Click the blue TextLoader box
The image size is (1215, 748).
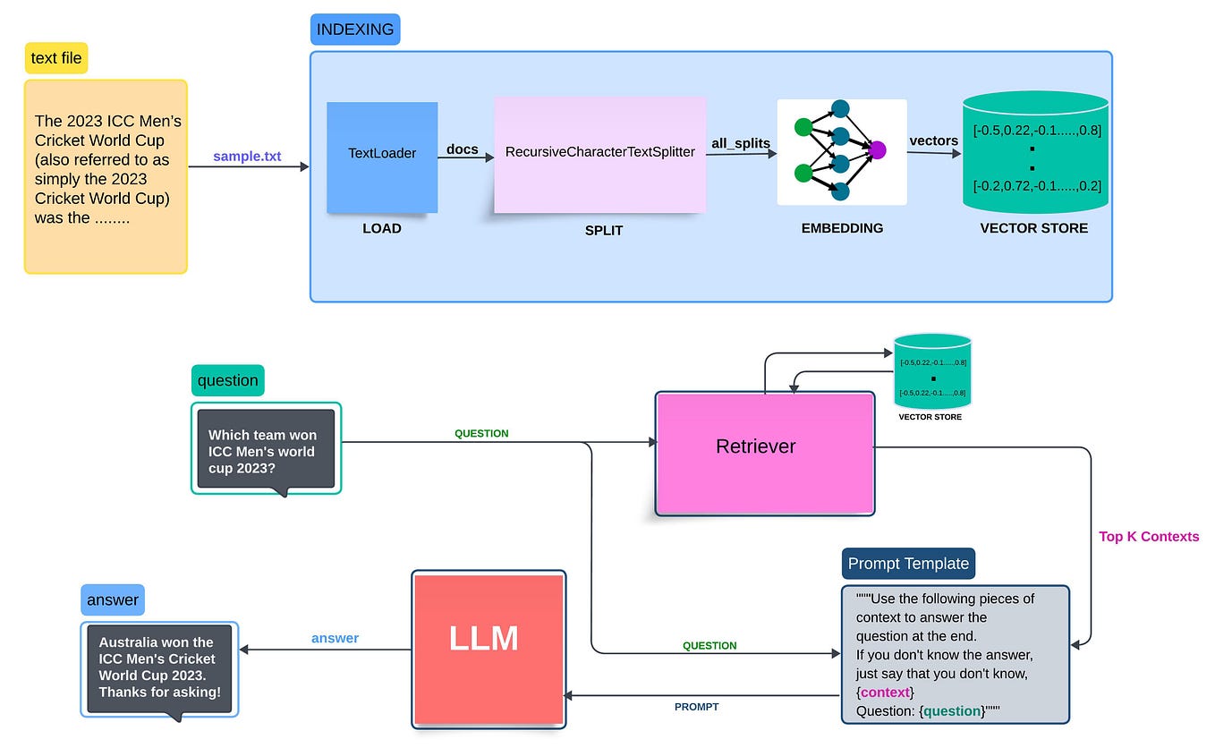pos(382,157)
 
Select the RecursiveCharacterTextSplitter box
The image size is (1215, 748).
pos(599,155)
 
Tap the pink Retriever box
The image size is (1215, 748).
pos(765,453)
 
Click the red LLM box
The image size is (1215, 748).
pos(489,648)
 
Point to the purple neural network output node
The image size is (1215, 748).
pos(876,149)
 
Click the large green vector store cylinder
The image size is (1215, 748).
pos(1034,153)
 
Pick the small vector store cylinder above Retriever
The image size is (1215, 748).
pos(932,372)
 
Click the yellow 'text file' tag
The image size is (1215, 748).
pos(56,59)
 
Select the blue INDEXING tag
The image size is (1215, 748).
pos(355,30)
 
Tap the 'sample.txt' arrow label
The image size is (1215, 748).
pos(247,157)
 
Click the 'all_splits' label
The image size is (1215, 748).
pos(741,143)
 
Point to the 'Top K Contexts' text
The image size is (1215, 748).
pos(1148,537)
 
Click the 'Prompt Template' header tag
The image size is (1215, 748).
pos(908,564)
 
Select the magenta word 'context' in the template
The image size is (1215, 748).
pos(885,693)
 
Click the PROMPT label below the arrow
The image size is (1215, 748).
pos(696,707)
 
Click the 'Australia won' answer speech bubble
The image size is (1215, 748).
pos(159,667)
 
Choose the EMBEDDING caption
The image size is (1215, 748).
pos(842,228)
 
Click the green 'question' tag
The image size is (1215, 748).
pos(227,380)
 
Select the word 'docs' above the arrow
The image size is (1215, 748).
pos(463,149)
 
